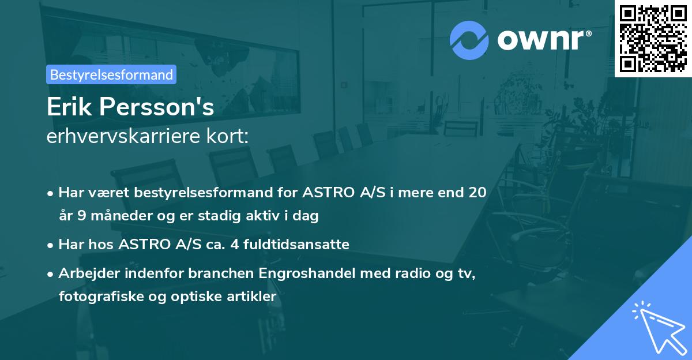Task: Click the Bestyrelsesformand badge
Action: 111,74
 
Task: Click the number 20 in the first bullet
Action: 477,192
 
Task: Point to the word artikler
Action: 253,297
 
